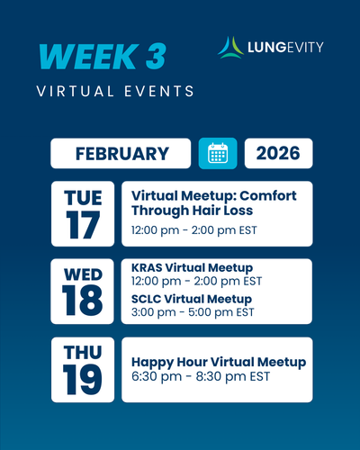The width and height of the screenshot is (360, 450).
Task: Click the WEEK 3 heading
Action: click(103, 57)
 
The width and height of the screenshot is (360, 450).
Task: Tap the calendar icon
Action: click(218, 153)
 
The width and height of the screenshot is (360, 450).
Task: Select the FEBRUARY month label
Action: click(122, 154)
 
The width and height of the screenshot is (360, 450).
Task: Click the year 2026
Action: click(278, 153)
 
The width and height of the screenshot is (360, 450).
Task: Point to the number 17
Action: click(83, 225)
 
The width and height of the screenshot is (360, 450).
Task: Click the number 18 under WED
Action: click(83, 301)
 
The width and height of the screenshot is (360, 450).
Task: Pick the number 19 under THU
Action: click(83, 380)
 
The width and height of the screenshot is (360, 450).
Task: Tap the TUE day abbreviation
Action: click(83, 198)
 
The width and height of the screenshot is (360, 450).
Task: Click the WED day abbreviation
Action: click(83, 274)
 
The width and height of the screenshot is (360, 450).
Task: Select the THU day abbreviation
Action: click(83, 352)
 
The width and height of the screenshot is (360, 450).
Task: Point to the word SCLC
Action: click(146, 299)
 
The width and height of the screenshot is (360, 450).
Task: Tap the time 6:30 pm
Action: click(157, 377)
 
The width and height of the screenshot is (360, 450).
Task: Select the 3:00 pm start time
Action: click(153, 312)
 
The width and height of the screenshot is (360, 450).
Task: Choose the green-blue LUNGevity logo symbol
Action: click(230, 48)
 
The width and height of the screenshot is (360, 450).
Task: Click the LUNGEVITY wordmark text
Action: click(285, 48)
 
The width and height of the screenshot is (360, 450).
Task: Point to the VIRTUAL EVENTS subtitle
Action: click(115, 91)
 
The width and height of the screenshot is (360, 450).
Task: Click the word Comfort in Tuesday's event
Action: click(268, 196)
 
